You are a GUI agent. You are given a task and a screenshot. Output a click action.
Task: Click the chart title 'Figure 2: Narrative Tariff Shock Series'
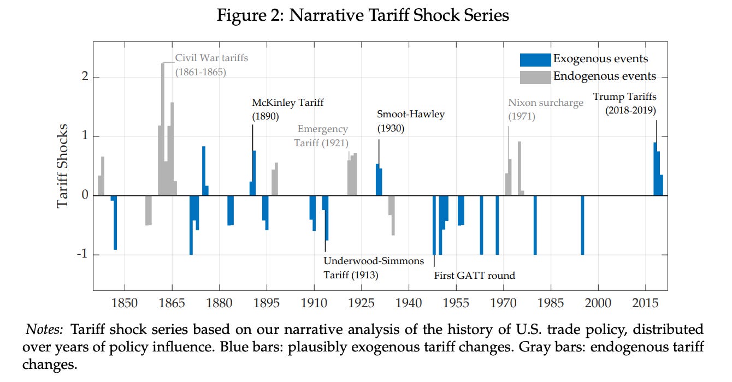363,15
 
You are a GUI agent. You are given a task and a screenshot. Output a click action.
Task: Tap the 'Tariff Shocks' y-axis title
63,166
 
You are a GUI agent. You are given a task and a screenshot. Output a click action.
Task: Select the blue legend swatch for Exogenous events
535,59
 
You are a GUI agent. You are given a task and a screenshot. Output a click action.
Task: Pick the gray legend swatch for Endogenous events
535,77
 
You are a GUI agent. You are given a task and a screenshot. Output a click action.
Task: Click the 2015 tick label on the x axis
645,303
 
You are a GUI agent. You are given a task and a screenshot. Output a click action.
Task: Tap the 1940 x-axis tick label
409,303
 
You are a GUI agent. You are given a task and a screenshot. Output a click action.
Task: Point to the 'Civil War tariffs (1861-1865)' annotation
211,65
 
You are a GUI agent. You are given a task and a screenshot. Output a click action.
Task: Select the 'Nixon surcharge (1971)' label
545,109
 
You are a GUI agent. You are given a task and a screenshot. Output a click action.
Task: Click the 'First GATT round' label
474,276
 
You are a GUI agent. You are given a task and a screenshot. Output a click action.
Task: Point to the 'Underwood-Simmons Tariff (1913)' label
373,267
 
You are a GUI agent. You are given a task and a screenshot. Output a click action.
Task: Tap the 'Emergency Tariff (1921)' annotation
322,136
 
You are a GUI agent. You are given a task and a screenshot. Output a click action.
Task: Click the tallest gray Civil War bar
163,129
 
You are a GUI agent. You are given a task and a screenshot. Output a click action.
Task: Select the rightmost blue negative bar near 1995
582,225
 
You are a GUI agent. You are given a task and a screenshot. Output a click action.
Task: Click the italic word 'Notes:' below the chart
45,330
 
